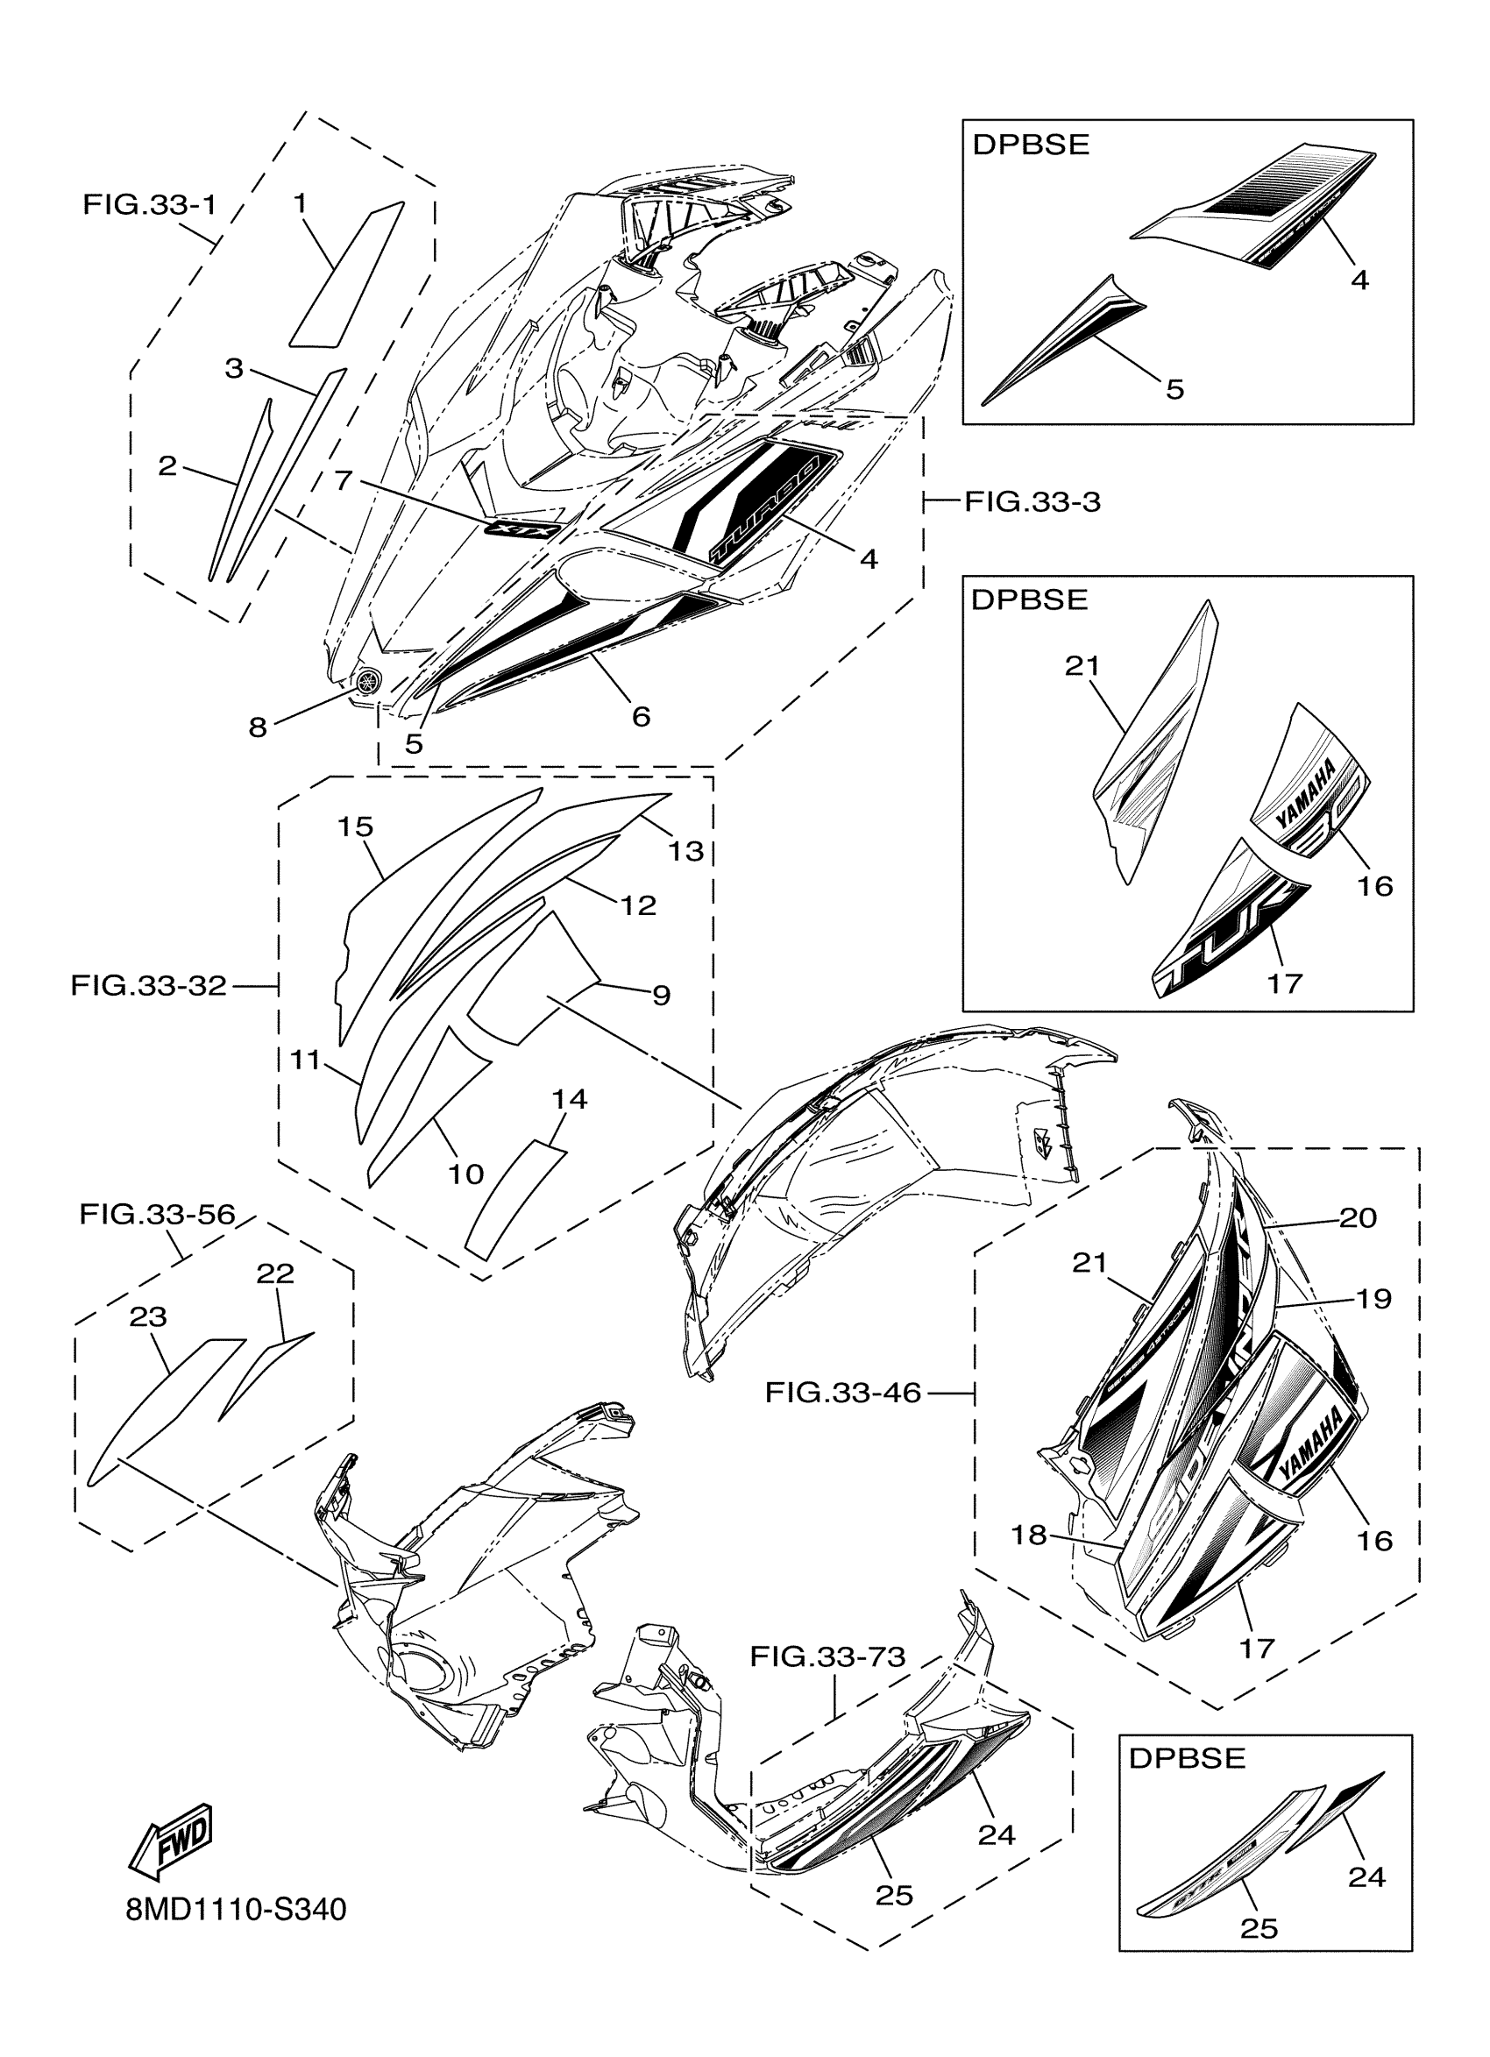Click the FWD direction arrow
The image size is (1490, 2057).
172,1841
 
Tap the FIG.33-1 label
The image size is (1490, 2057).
150,204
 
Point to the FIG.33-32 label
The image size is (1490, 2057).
149,985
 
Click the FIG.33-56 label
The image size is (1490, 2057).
157,1214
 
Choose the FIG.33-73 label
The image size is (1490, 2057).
827,1657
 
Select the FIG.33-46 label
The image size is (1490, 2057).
842,1392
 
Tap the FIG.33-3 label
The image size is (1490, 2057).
1032,500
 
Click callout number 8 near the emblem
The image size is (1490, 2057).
259,727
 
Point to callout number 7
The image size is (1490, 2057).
343,479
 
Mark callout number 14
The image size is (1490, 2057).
570,1099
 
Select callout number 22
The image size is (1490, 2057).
275,1273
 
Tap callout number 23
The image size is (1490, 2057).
148,1316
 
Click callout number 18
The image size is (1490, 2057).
1028,1535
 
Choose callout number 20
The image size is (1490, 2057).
1358,1217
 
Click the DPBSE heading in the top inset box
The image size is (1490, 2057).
1030,145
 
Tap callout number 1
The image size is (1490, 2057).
300,203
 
